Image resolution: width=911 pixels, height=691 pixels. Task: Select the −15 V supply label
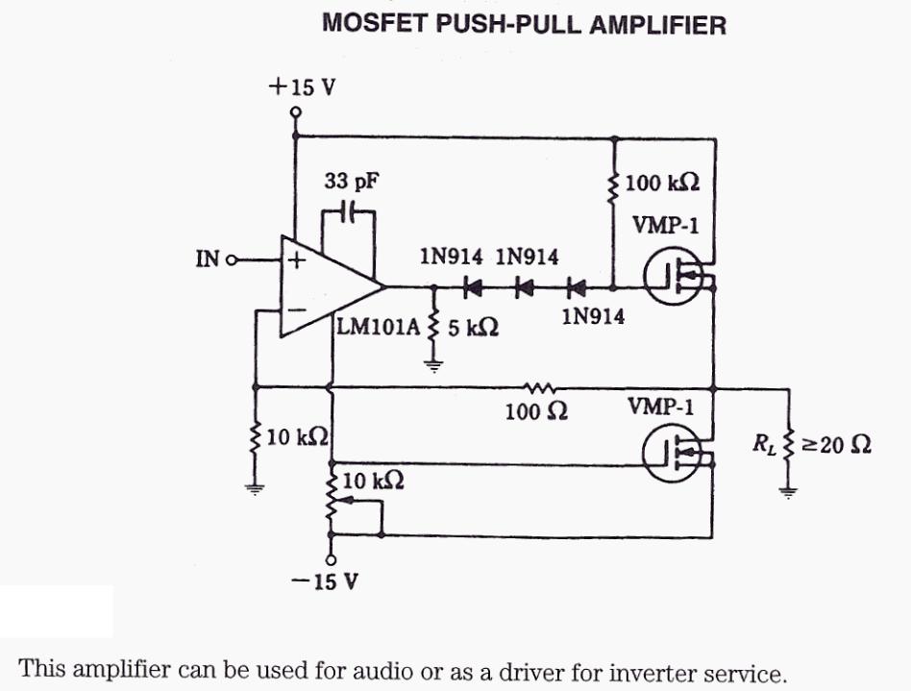(x=329, y=583)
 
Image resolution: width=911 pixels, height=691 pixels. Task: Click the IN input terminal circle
(x=230, y=259)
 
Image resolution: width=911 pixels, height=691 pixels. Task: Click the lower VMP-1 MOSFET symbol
(x=670, y=454)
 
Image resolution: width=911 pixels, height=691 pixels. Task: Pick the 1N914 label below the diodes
(x=592, y=317)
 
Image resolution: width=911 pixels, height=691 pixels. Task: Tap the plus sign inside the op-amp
(x=297, y=259)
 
